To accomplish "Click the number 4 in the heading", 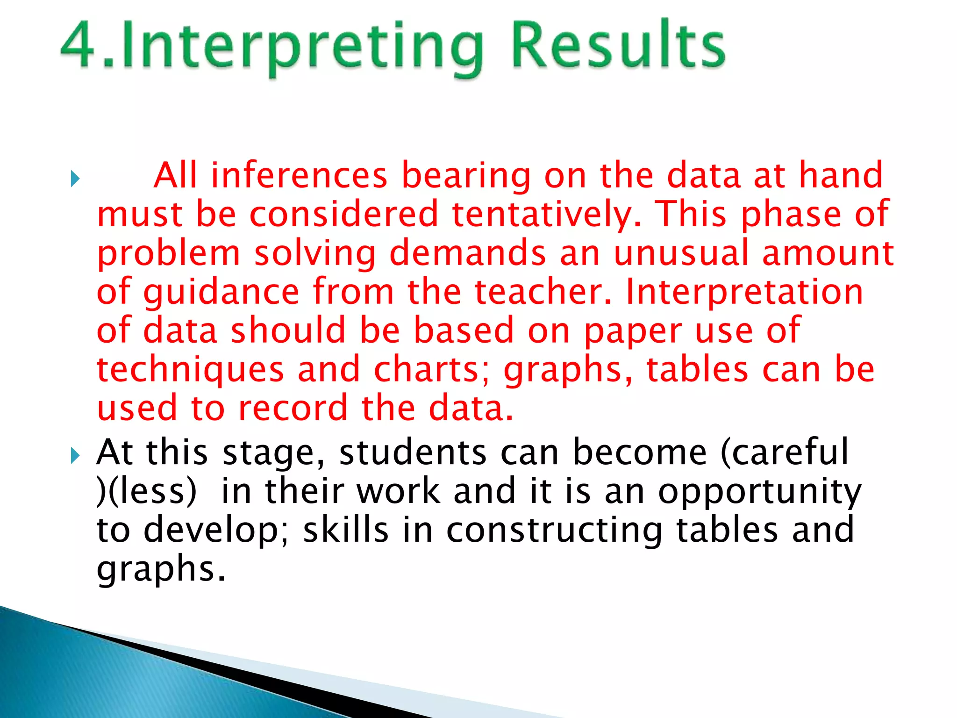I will coord(79,46).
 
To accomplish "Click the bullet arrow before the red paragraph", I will coord(75,179).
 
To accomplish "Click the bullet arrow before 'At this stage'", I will coord(75,455).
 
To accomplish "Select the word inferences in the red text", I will coord(299,175).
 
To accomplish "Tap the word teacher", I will coord(543,292).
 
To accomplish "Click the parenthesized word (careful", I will coord(785,452).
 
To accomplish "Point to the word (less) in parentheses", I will coord(147,491).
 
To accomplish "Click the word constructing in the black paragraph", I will coord(554,531).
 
